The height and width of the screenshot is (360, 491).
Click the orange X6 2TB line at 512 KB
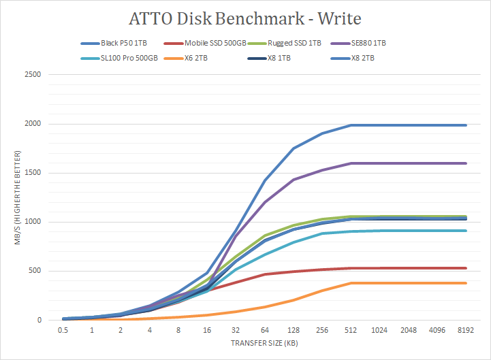(x=351, y=283)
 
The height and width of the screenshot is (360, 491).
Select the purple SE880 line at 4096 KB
(x=437, y=163)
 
